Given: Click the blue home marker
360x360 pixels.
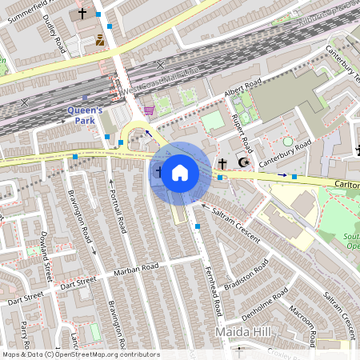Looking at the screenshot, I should pos(180,172).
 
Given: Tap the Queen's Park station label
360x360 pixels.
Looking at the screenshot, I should pos(84,115).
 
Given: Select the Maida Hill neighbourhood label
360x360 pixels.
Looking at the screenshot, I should pos(243,330).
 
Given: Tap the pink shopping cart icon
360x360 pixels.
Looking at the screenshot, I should pos(148,110).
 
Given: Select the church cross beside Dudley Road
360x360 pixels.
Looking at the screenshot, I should pos(82,14).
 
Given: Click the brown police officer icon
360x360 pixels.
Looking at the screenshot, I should pos(99,40).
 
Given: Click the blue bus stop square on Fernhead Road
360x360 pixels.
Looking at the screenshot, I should pos(198,226).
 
